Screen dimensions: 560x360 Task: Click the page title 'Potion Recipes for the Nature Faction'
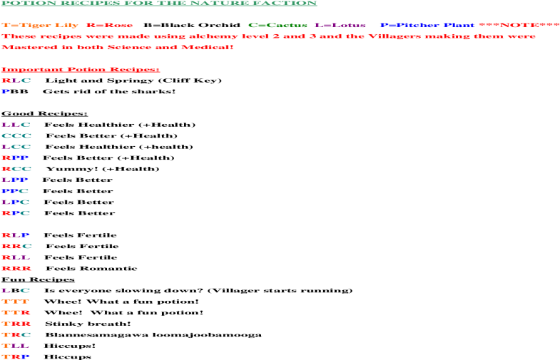159,3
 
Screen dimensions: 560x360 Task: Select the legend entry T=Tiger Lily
40,26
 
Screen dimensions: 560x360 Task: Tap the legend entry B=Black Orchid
192,26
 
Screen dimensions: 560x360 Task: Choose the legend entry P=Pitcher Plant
427,26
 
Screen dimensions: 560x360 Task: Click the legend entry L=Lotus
340,26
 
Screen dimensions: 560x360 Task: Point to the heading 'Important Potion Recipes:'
81,70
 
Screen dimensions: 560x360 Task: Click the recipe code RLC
16,81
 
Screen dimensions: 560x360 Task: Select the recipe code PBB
15,92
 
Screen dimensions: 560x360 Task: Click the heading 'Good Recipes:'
44,114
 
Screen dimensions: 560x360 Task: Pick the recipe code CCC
16,136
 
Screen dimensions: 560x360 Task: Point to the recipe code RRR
16,269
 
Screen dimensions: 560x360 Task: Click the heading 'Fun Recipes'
38,279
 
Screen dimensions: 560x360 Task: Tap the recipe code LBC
16,291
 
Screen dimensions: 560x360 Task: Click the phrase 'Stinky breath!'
88,324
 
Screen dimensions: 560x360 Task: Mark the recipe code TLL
15,346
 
